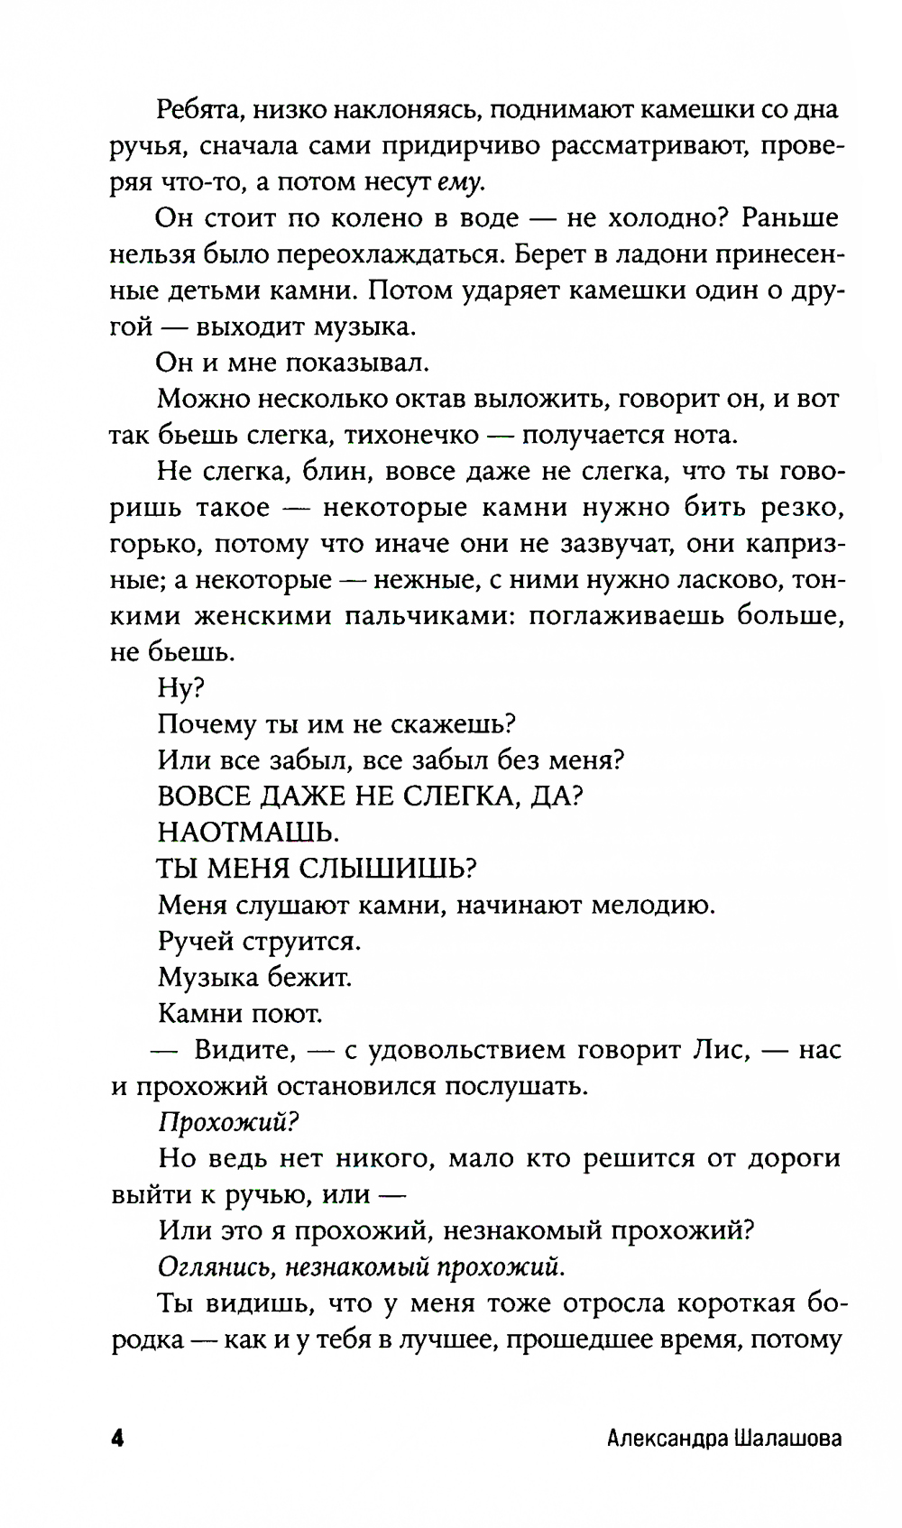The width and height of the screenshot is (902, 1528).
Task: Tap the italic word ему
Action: click(460, 182)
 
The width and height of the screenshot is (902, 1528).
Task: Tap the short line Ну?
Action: click(181, 687)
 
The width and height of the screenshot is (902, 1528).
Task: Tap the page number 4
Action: click(116, 1438)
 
